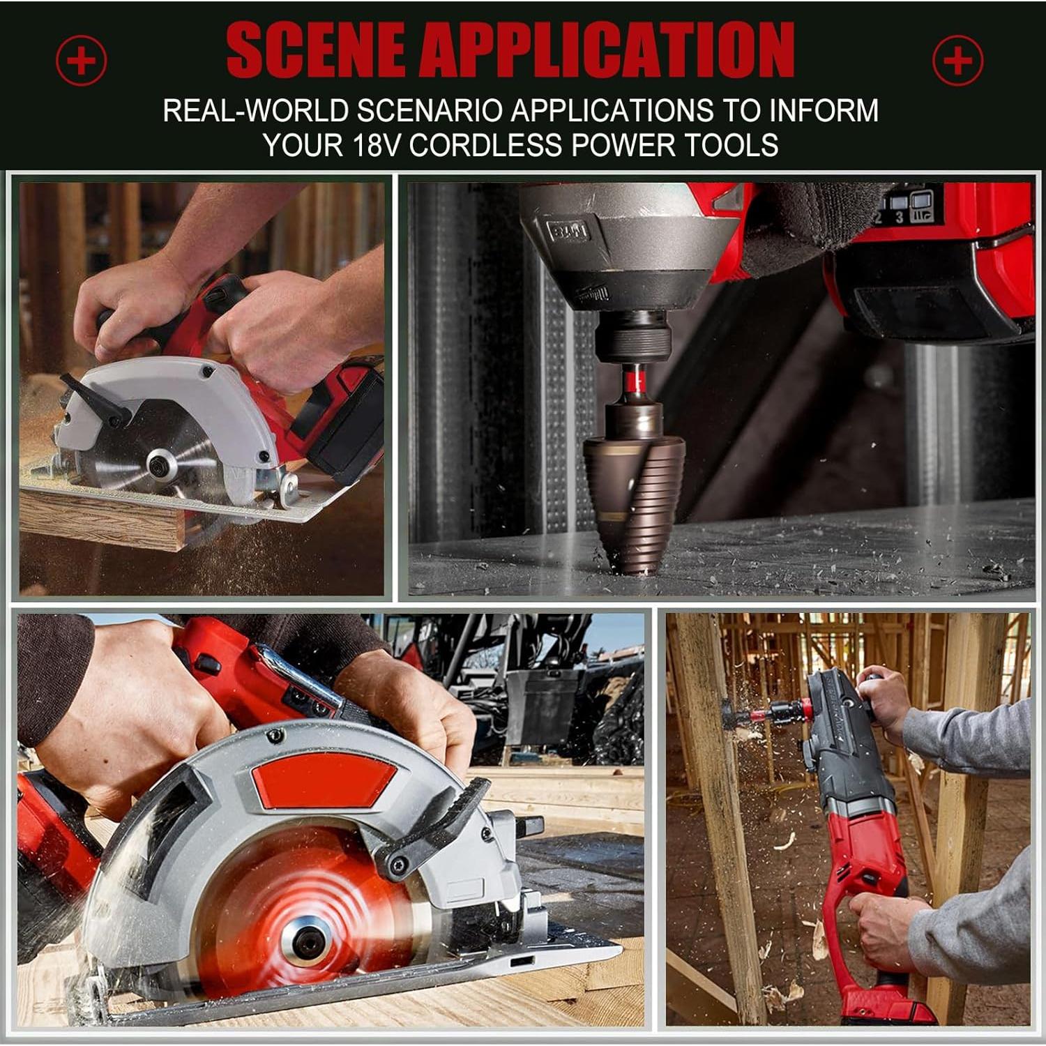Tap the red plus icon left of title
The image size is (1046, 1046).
(x=82, y=60)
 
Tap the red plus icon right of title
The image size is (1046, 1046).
(x=958, y=60)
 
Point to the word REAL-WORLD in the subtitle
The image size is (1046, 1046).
(x=255, y=111)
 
